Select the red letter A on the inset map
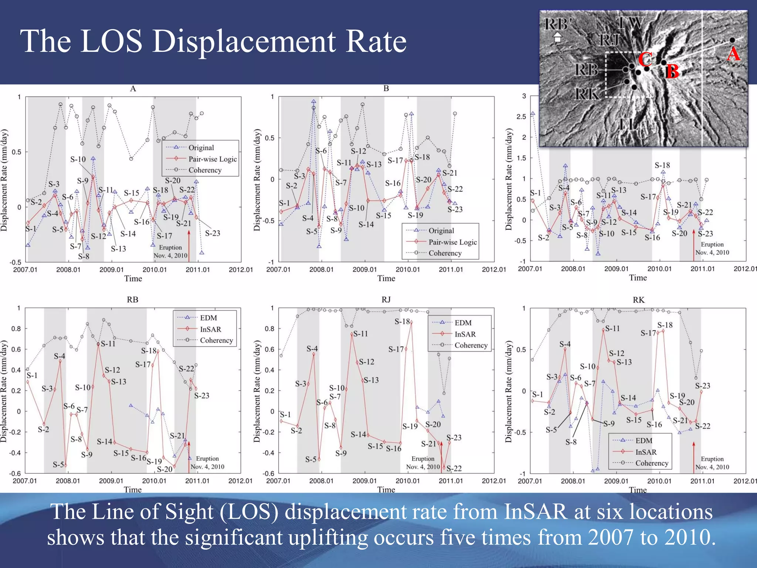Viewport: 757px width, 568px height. [x=733, y=54]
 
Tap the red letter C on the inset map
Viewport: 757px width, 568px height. [x=645, y=59]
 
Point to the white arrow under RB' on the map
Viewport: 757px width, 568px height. [x=557, y=37]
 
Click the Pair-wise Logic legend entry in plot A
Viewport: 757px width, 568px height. [x=212, y=159]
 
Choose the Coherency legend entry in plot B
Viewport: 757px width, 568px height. [x=445, y=253]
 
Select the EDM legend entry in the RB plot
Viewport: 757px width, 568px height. [x=208, y=318]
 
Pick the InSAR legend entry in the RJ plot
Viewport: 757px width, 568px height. [x=465, y=334]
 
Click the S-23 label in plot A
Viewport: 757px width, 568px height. [x=213, y=233]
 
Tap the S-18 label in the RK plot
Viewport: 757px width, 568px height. [x=665, y=325]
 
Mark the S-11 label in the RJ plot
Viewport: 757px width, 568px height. [x=360, y=334]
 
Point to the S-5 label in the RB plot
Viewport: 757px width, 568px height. [x=58, y=464]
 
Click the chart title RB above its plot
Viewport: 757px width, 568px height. [x=132, y=300]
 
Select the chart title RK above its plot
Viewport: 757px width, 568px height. [x=638, y=300]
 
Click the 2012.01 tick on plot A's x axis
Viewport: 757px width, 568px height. [x=241, y=270]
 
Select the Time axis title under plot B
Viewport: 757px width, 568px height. [x=386, y=278]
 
